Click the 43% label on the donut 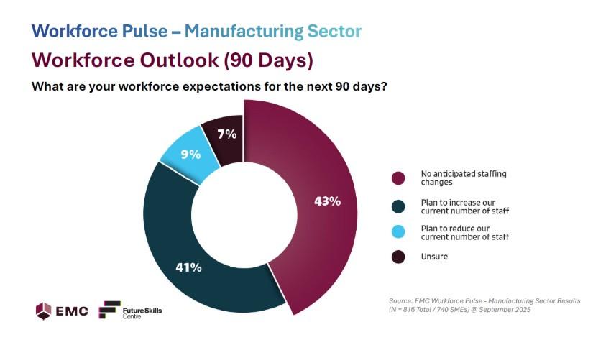click(x=327, y=201)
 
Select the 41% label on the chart click(x=189, y=267)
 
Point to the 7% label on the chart click(x=227, y=134)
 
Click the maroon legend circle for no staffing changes click(x=398, y=178)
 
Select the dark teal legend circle click(x=398, y=206)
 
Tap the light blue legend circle click(x=398, y=232)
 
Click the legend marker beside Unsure click(x=398, y=257)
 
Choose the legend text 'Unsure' click(x=434, y=257)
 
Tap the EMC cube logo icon click(x=44, y=311)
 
